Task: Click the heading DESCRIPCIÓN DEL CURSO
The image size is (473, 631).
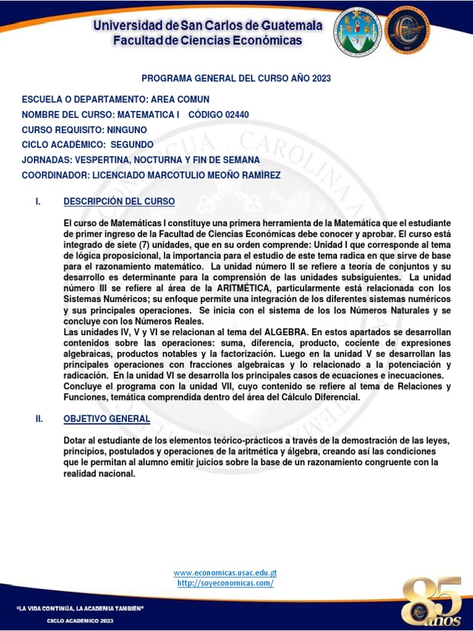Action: pyautogui.click(x=119, y=202)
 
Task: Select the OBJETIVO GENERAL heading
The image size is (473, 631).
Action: pyautogui.click(x=107, y=418)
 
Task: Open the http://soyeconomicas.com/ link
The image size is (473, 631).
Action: pyautogui.click(x=225, y=583)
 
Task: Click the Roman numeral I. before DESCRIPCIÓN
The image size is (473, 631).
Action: pyautogui.click(x=38, y=202)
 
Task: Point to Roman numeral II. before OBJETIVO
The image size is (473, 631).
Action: pyautogui.click(x=39, y=418)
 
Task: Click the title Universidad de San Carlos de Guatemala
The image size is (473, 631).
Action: pyautogui.click(x=208, y=26)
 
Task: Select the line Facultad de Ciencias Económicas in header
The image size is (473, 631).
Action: pyautogui.click(x=208, y=41)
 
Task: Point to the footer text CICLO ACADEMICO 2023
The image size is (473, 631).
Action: pyautogui.click(x=81, y=621)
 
